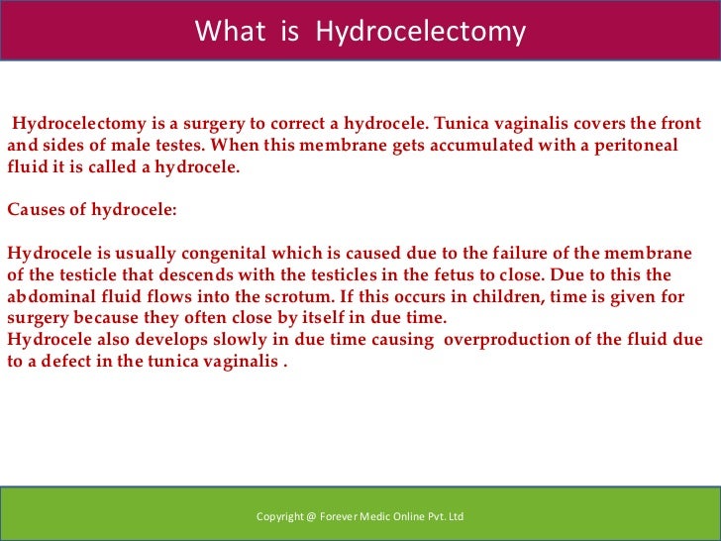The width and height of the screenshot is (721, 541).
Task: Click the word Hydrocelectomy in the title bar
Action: [x=420, y=32]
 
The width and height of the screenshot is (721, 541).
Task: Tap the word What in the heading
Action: [x=230, y=32]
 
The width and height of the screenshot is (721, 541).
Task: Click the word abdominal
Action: [x=48, y=296]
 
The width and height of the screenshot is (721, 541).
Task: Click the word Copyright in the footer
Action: [x=280, y=516]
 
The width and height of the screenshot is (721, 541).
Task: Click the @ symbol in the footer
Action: [x=312, y=516]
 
